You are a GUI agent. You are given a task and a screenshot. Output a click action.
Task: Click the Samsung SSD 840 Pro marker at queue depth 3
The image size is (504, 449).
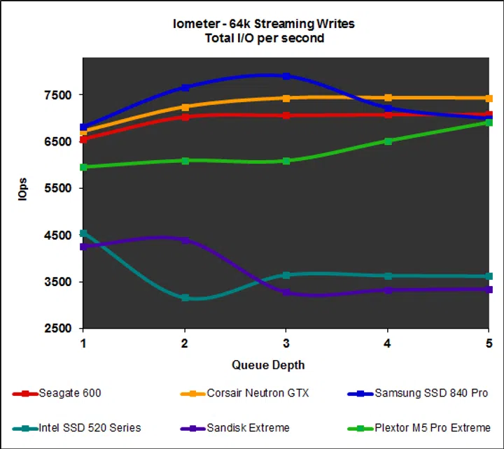coord(286,76)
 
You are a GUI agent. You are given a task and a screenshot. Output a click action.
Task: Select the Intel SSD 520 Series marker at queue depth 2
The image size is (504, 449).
coord(185,298)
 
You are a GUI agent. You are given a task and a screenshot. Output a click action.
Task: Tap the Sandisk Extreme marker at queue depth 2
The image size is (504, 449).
coord(185,240)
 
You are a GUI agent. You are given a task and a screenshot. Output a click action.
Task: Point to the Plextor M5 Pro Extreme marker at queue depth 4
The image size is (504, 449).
coord(388,141)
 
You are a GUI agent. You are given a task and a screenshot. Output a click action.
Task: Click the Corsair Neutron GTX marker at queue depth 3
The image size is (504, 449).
coord(286,98)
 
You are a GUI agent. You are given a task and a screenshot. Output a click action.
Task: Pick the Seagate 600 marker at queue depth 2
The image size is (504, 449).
coord(185,117)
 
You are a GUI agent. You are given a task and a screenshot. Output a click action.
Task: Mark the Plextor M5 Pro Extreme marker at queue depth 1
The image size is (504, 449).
coord(84,167)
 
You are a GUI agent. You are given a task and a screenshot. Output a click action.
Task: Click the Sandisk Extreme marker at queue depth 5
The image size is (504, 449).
coord(489,289)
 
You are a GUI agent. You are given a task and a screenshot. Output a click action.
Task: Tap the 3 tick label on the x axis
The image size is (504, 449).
coord(286,343)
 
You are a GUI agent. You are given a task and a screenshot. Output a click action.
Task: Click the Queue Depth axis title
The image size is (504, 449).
coord(268,365)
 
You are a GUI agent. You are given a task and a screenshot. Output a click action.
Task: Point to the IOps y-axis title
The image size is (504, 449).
coord(23,190)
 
